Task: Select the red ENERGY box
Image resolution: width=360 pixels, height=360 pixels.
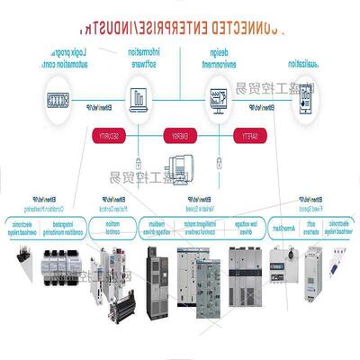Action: pyautogui.click(x=177, y=136)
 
